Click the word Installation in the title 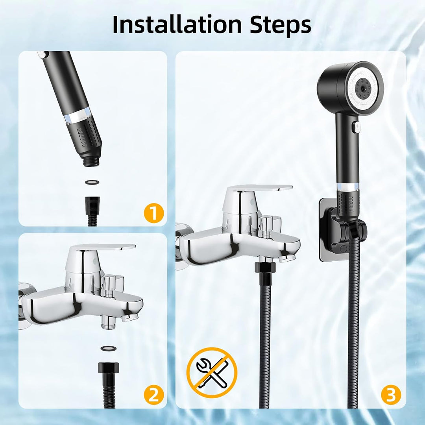177,25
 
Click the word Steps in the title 280,25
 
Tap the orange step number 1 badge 154,213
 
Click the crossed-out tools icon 212,373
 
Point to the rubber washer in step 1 92,182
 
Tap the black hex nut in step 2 109,368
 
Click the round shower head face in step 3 364,89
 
